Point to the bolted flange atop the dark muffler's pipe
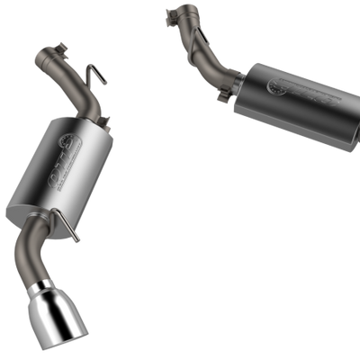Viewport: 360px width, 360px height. [x=179, y=13]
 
